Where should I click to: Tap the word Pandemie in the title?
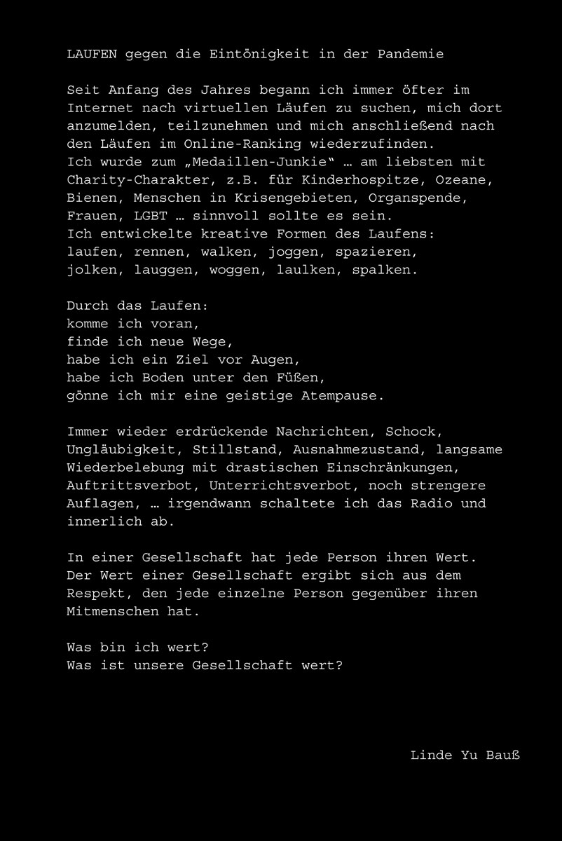[410, 54]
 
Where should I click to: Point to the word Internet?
[101, 108]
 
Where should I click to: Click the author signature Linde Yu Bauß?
[465, 755]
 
